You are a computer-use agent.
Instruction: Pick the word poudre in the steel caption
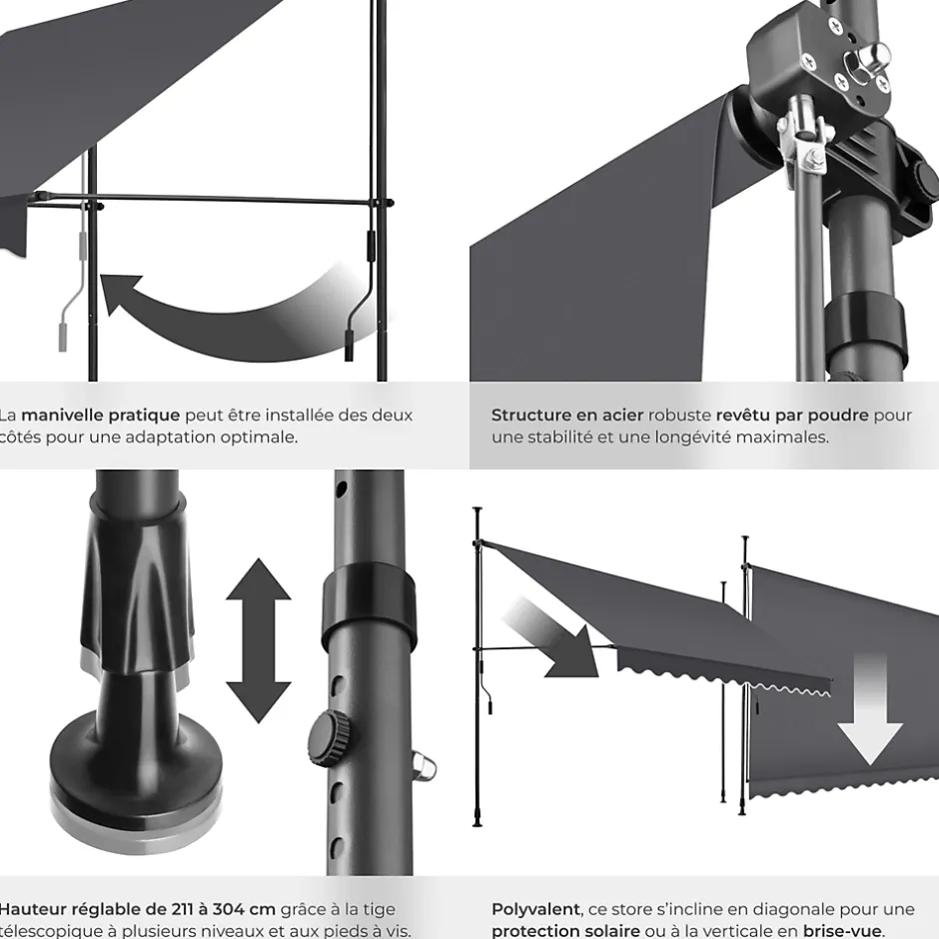tap(841, 416)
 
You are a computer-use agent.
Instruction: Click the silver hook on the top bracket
tap(877, 56)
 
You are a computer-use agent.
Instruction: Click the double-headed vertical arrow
tap(258, 639)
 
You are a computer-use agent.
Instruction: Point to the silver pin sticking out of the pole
tap(425, 769)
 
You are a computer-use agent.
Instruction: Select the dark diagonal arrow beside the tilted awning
tap(550, 639)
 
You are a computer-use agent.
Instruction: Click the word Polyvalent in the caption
tap(535, 909)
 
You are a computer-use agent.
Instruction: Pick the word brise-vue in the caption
tap(842, 931)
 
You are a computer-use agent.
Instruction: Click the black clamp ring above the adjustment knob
tap(368, 603)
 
